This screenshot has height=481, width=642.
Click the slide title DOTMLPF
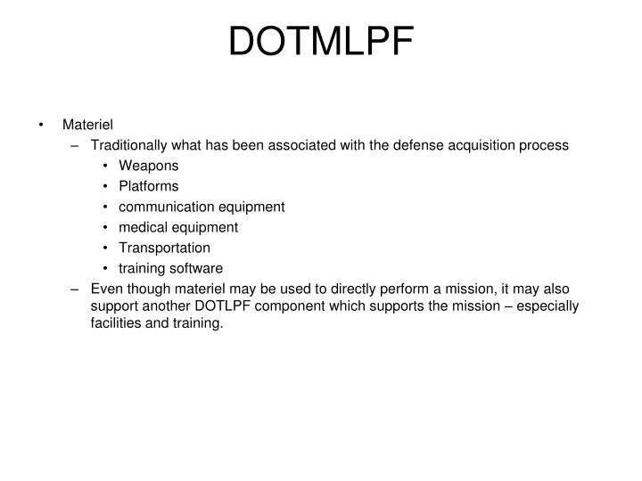pos(321,42)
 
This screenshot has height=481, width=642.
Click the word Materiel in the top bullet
pos(87,124)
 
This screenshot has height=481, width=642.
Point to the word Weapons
pos(149,166)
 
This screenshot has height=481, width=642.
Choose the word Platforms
pos(149,186)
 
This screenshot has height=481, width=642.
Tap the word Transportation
pos(165,248)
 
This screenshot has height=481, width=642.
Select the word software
pos(199,268)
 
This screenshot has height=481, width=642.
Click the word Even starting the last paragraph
pos(105,289)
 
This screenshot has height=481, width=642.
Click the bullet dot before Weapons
pos(106,166)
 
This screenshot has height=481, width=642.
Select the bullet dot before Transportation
pos(106,248)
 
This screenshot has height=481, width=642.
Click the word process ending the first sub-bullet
pos(545,144)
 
